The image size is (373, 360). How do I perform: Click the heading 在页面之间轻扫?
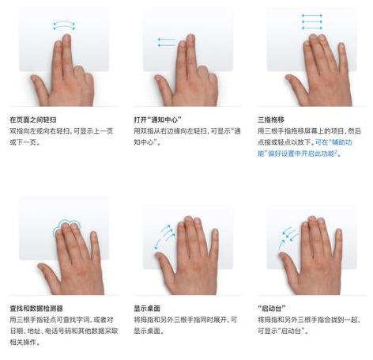point(33,119)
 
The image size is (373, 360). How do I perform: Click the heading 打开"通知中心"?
point(157,119)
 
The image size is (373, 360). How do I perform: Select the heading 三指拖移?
point(271,119)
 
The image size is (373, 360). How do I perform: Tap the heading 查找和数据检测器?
point(36,309)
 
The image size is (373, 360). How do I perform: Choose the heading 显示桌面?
point(147,309)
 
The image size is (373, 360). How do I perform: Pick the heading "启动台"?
point(271,309)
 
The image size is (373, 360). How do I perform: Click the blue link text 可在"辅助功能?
point(333,142)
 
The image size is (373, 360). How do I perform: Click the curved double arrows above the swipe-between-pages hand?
point(64,25)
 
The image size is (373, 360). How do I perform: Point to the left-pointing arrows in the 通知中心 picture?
point(167,42)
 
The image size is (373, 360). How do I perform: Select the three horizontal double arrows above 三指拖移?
point(312,21)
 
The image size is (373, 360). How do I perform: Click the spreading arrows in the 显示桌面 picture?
point(165,237)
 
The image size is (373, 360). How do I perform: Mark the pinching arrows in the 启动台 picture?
point(288,237)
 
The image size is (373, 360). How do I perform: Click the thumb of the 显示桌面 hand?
point(164,263)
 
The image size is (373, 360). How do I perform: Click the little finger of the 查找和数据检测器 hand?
point(95,245)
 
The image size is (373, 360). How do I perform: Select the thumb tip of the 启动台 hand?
point(282,255)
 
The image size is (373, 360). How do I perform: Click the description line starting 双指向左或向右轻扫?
point(62,131)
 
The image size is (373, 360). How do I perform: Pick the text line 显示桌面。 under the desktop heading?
point(149,331)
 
